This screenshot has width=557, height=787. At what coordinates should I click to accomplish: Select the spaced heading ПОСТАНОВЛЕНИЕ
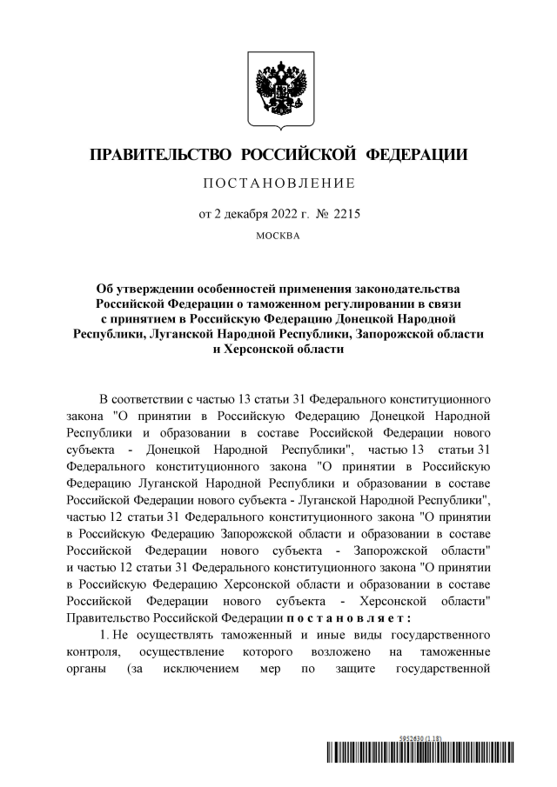pos(278,183)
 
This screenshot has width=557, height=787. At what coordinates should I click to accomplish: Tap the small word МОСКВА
pos(278,236)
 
